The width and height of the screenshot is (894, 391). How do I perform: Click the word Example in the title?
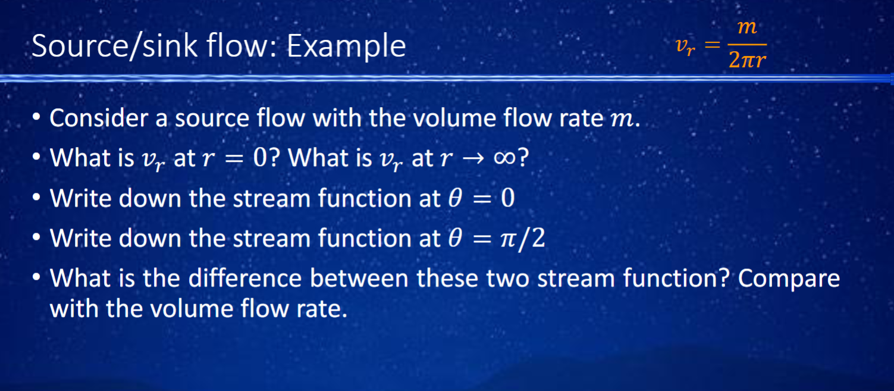[x=346, y=46]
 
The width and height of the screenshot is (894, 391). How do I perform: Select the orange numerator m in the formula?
[x=746, y=27]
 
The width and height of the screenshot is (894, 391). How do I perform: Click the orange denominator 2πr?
[x=746, y=60]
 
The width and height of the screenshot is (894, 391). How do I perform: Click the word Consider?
[x=99, y=118]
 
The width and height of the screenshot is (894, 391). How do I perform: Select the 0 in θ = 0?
[x=507, y=198]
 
